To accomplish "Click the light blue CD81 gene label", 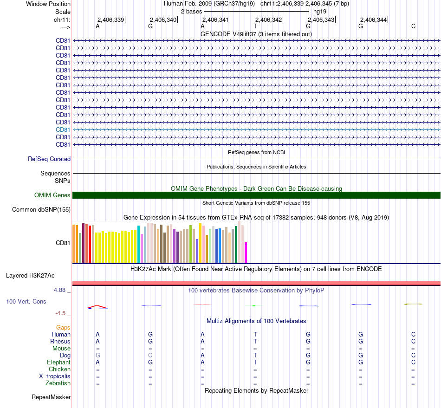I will (x=63, y=130).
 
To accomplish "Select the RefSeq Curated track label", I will (x=49, y=159).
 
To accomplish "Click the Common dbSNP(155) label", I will (x=41, y=209).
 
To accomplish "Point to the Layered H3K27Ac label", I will (x=30, y=275).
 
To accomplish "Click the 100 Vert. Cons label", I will (x=26, y=301).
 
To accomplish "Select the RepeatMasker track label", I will (x=51, y=397).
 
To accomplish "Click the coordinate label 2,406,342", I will (x=268, y=19).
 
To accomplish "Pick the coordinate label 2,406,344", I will (x=373, y=19).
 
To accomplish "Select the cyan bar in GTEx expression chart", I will (x=139, y=244).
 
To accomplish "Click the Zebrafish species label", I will (x=58, y=383).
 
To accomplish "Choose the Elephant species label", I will (x=58, y=362).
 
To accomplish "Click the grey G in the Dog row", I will (x=97, y=355).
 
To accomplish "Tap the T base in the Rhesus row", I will (x=255, y=341).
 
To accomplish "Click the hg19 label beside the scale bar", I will (x=320, y=11).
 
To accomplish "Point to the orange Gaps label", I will (x=63, y=327).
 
